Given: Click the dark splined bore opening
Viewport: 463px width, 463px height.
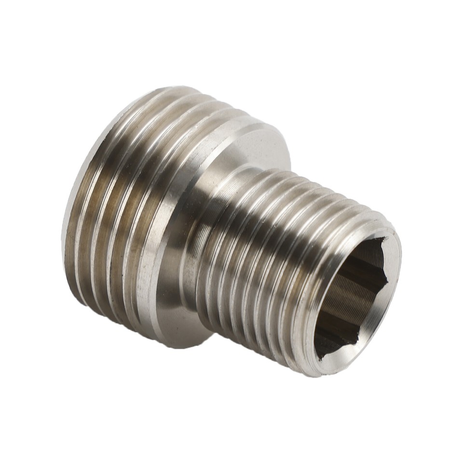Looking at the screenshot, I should pos(354,294).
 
